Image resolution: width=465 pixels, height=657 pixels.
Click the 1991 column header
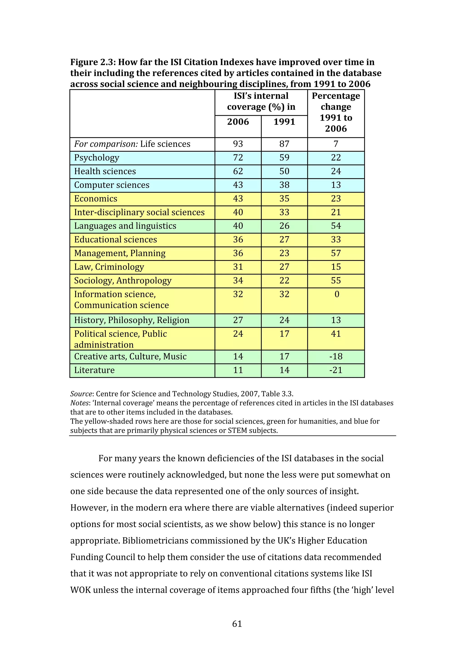[284, 122]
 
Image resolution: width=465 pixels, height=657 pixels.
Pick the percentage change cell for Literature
[336, 370]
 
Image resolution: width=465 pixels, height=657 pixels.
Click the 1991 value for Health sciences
[284, 171]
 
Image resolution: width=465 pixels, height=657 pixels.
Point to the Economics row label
[96, 199]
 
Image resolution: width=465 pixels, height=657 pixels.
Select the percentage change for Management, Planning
[336, 253]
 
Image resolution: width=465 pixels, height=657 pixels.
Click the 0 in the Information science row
[337, 294]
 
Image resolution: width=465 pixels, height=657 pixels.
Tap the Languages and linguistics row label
[125, 226]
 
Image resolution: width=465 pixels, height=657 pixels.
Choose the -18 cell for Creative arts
[336, 357]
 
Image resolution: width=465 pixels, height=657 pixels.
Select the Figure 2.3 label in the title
[93, 62]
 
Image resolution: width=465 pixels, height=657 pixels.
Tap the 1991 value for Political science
[284, 334]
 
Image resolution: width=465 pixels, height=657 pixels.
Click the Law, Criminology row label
[109, 267]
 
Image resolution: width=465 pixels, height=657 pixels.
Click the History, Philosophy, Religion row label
[132, 320]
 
